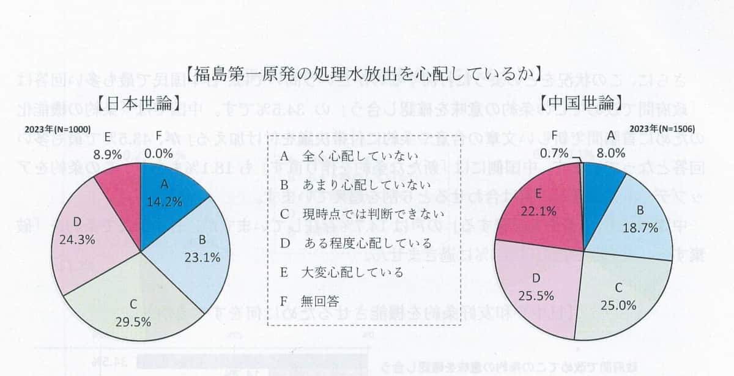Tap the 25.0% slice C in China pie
coord(624,293)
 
